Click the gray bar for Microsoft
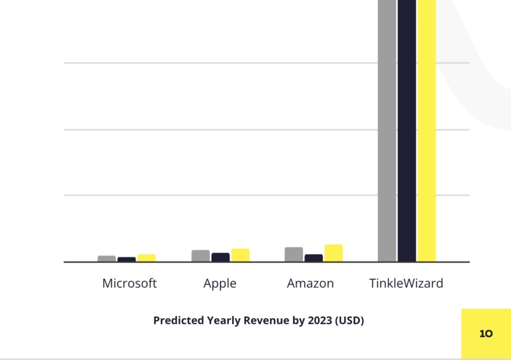107,259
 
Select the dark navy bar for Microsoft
126,259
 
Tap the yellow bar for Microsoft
146,258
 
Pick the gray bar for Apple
200,255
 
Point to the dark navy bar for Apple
220,257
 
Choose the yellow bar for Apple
240,255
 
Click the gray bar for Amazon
294,254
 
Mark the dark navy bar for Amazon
313,258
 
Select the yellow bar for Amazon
333,253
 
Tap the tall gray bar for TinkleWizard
387,127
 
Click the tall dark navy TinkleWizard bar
406,127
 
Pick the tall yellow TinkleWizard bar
427,127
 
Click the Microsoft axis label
129,283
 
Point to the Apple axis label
220,283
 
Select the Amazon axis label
310,283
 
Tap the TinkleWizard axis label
406,283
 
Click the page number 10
486,333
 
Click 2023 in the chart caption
319,320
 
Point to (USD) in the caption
349,320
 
